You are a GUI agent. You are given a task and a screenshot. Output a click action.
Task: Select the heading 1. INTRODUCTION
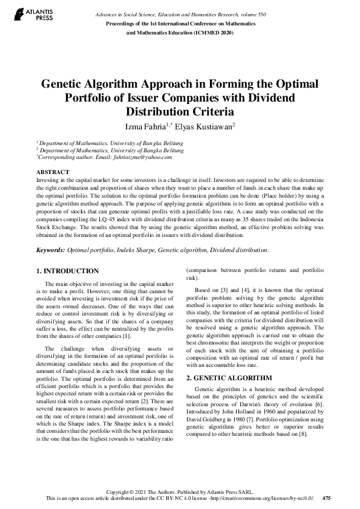click(x=67, y=271)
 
